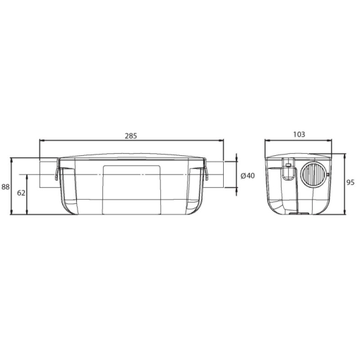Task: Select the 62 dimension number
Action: (21, 192)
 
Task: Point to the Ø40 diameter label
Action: (247, 175)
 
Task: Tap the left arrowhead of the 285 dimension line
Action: (42, 140)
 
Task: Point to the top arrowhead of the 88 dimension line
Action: (13, 160)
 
